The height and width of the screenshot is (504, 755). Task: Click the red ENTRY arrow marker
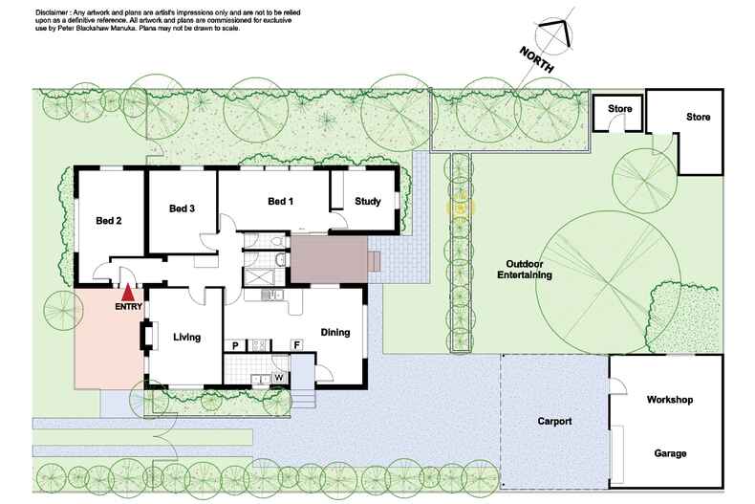pyautogui.click(x=127, y=292)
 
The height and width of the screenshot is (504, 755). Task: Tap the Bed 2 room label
pyautogui.click(x=109, y=220)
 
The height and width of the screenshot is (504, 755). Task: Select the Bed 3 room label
pyautogui.click(x=182, y=208)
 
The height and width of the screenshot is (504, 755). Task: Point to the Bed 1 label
pyautogui.click(x=280, y=201)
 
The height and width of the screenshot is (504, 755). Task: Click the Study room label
pyautogui.click(x=368, y=201)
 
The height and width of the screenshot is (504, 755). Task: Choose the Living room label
pyautogui.click(x=186, y=337)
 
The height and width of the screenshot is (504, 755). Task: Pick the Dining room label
pyautogui.click(x=334, y=333)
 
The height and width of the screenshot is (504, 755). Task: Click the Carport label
pyautogui.click(x=554, y=420)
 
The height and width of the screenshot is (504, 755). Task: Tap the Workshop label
pyautogui.click(x=669, y=399)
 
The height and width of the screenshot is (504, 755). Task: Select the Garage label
pyautogui.click(x=669, y=453)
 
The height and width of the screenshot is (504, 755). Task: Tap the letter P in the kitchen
pyautogui.click(x=235, y=344)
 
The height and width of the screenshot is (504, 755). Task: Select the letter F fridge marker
pyautogui.click(x=296, y=344)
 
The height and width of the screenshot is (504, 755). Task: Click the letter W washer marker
pyautogui.click(x=278, y=377)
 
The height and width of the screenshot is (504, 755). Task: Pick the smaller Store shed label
pyautogui.click(x=620, y=109)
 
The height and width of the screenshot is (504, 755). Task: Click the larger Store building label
pyautogui.click(x=698, y=118)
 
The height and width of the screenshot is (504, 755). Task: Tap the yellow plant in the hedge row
pyautogui.click(x=461, y=206)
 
